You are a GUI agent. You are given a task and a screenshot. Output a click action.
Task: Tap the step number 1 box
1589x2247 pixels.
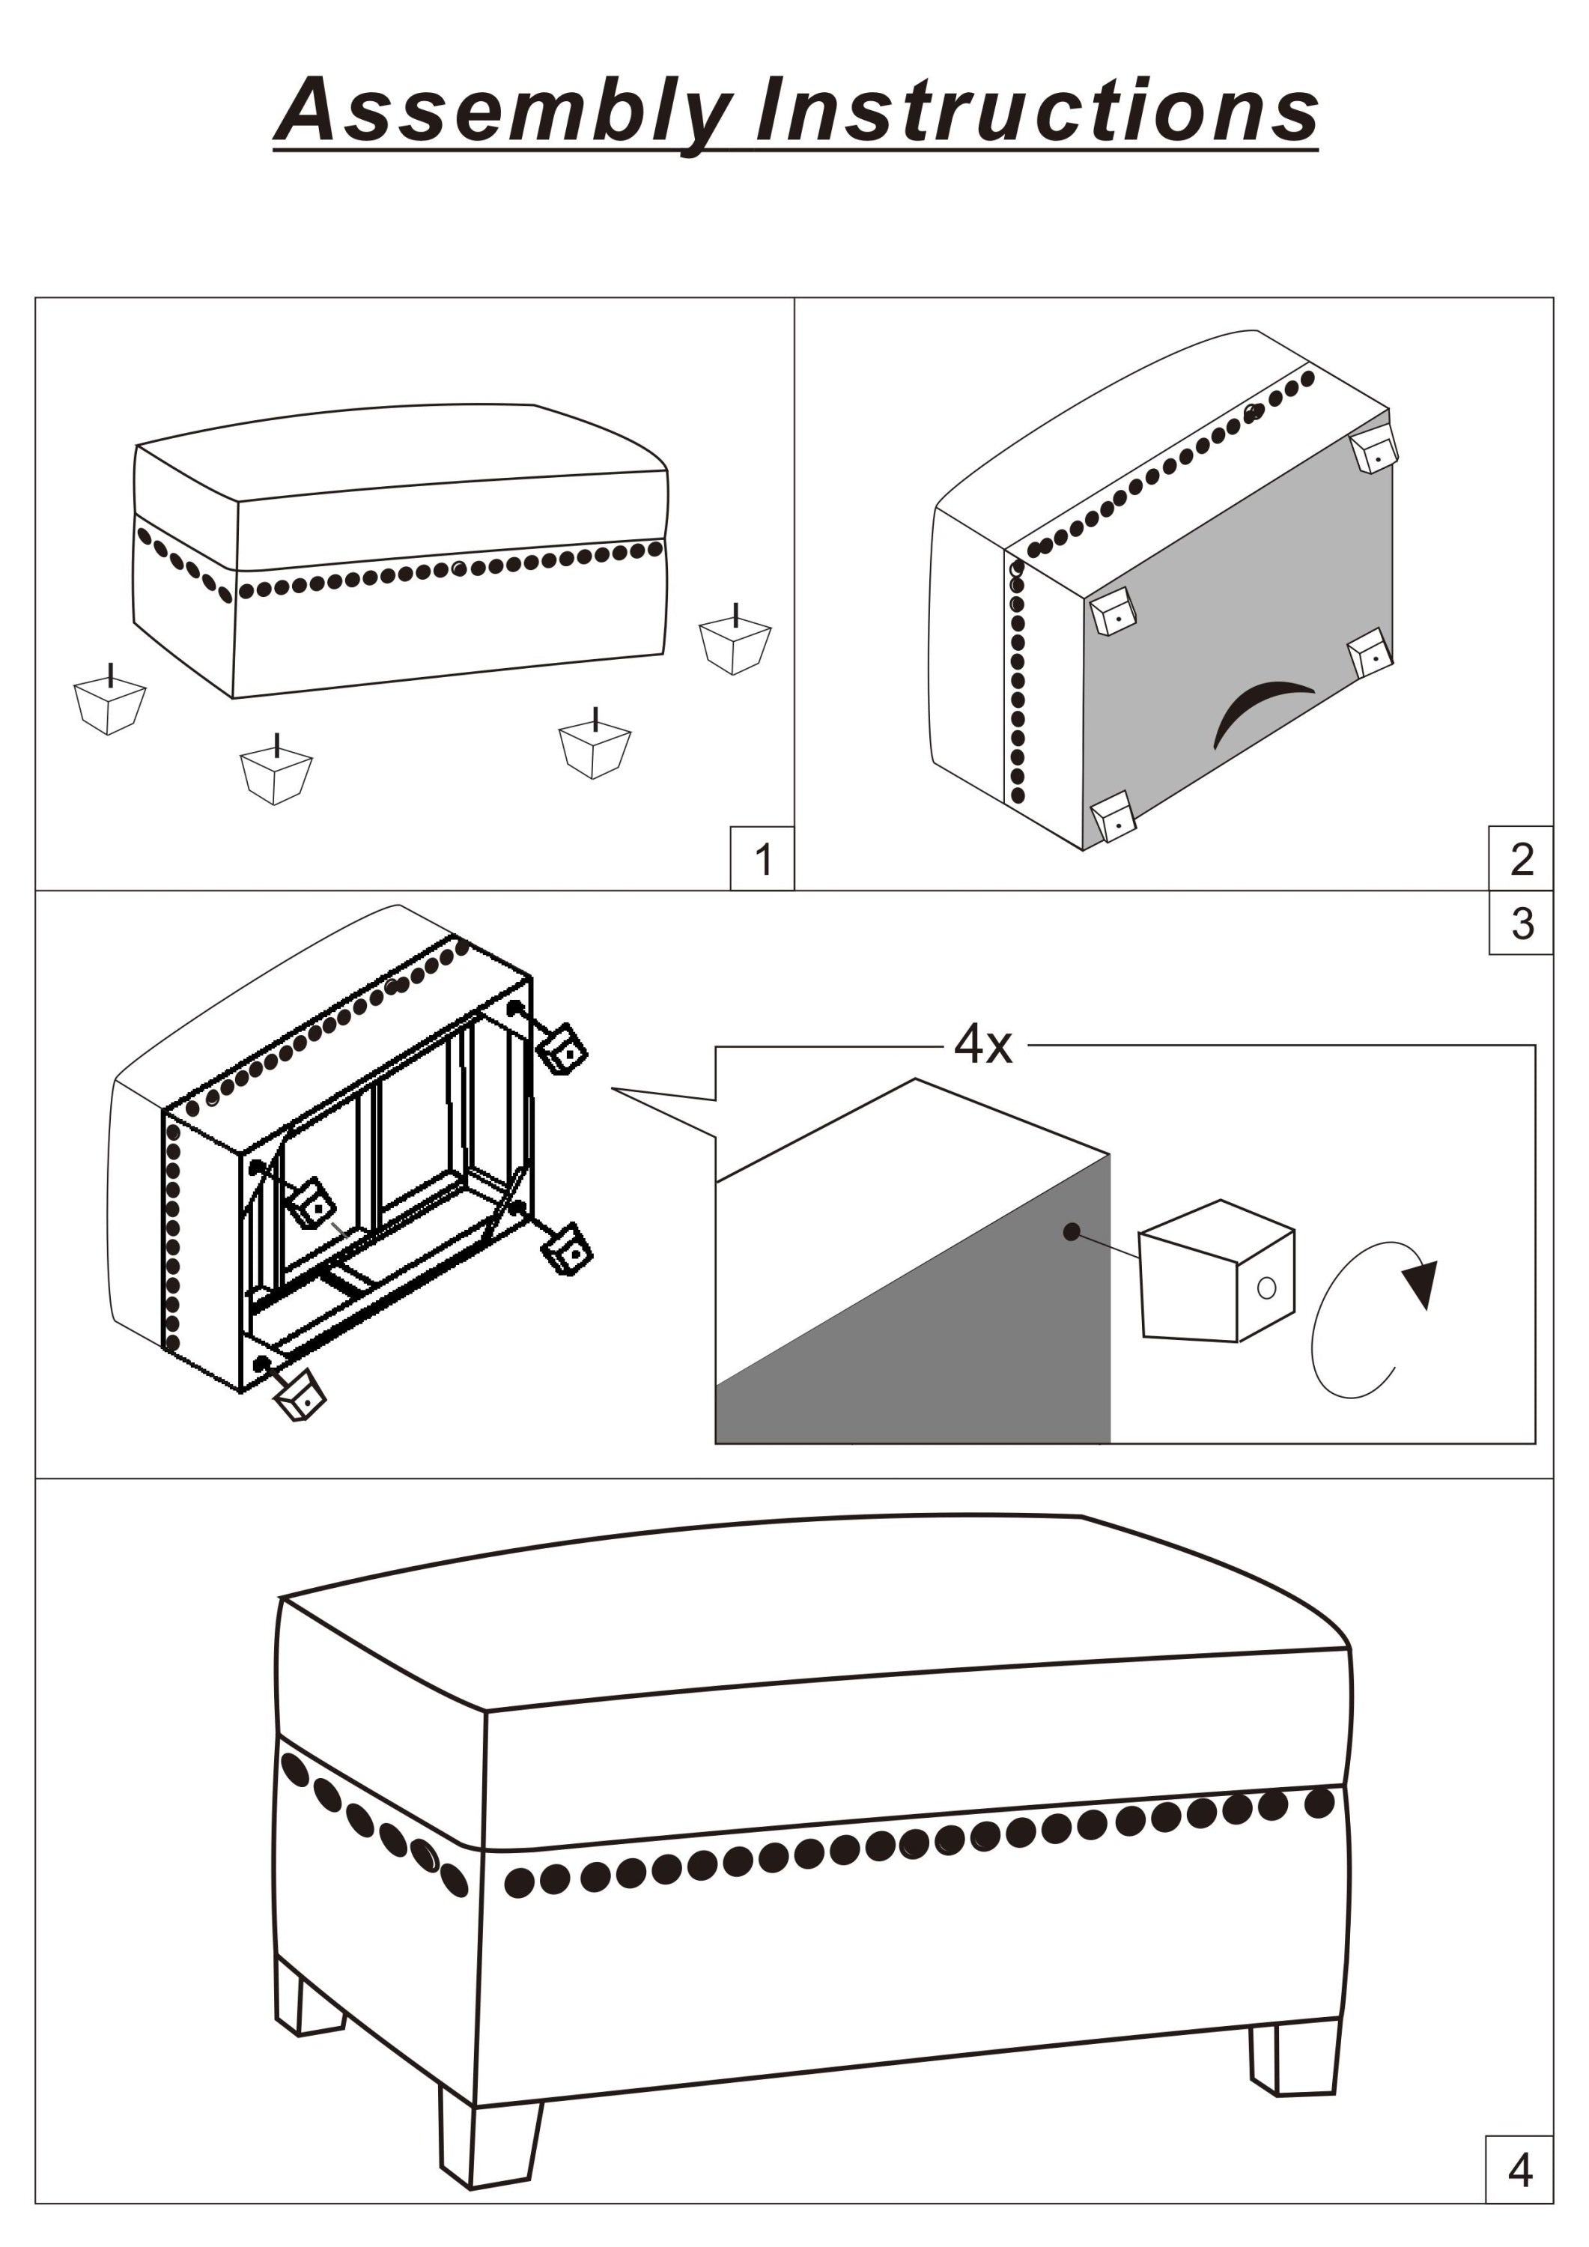click(x=762, y=858)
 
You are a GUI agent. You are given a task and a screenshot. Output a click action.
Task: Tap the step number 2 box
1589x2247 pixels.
click(x=1521, y=858)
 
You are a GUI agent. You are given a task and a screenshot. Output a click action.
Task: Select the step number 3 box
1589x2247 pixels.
click(x=1521, y=922)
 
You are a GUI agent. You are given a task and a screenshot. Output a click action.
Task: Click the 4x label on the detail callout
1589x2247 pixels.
click(x=982, y=1044)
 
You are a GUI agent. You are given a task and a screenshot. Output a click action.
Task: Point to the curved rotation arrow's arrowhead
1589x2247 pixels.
click(x=1421, y=1282)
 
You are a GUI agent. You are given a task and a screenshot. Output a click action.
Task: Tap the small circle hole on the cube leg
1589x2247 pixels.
click(x=1266, y=1287)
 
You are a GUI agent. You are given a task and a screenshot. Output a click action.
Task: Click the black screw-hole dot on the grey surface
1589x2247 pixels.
click(x=1072, y=1232)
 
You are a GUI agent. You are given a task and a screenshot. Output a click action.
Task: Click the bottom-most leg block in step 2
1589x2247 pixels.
click(x=1113, y=816)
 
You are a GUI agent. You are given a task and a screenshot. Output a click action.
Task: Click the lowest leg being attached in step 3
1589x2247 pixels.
click(x=300, y=1397)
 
